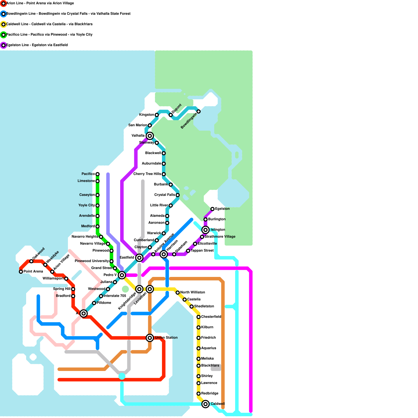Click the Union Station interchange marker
tap(150, 338)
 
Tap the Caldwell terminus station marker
tap(206, 404)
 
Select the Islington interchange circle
tap(206, 230)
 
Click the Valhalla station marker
tap(150, 136)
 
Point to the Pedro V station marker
tap(122, 275)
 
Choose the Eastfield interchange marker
tap(139, 258)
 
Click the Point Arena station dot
tap(21, 272)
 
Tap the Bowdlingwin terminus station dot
tap(199, 112)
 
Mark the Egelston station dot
tap(212, 209)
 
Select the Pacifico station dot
tap(97, 174)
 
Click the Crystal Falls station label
tap(165, 195)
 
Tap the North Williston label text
tap(193, 292)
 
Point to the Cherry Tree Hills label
tap(147, 174)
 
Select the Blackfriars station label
tap(210, 365)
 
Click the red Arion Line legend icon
tap(3, 3)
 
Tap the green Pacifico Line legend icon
tap(3, 35)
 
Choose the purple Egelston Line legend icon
tap(3, 45)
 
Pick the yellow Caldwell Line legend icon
tap(3, 24)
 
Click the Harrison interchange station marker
tap(164, 254)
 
